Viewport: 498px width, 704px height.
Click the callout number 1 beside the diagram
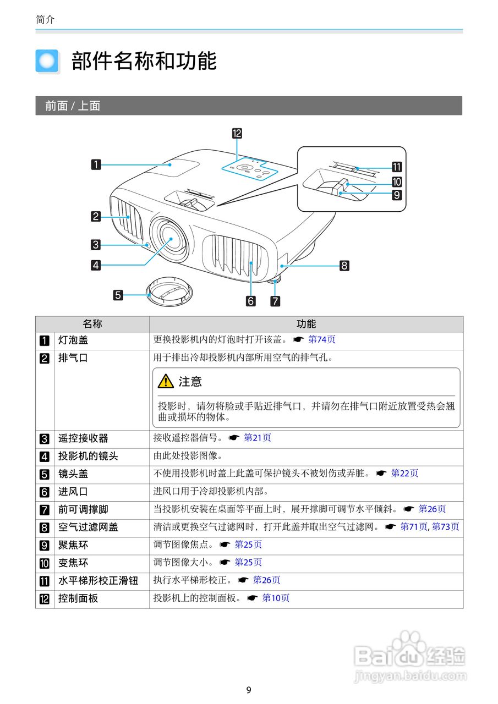(x=96, y=164)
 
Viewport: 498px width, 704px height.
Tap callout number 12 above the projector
(x=237, y=133)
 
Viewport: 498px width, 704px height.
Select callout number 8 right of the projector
(x=344, y=266)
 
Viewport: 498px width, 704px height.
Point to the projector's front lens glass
(x=168, y=240)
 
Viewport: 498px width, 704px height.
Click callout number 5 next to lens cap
(x=118, y=295)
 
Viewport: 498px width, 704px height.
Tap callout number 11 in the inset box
(x=396, y=168)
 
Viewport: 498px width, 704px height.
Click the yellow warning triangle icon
(x=165, y=381)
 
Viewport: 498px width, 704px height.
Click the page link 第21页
(x=258, y=438)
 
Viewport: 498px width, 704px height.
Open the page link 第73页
(x=445, y=527)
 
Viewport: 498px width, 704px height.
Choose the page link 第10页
(x=276, y=598)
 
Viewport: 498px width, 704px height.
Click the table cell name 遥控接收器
(x=83, y=438)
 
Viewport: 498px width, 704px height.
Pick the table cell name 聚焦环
(x=73, y=545)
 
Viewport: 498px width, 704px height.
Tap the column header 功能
(x=306, y=324)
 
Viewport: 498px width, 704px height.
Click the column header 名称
(x=92, y=324)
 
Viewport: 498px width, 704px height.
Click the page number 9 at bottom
(x=249, y=690)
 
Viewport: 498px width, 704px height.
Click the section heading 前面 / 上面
(x=73, y=106)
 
